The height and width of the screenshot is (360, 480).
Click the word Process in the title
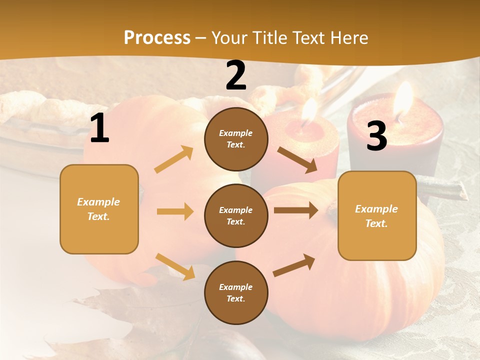pyautogui.click(x=157, y=38)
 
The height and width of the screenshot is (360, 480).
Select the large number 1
pyautogui.click(x=99, y=129)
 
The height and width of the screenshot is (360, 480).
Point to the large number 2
pyautogui.click(x=236, y=76)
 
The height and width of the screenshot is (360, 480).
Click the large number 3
pyautogui.click(x=376, y=136)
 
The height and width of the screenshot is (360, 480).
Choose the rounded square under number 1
pyautogui.click(x=99, y=209)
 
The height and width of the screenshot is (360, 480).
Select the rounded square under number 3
pyautogui.click(x=377, y=215)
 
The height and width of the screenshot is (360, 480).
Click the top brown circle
pyautogui.click(x=236, y=139)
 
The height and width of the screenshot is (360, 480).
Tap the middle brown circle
pyautogui.click(x=236, y=215)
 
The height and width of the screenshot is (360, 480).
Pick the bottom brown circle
pyautogui.click(x=236, y=292)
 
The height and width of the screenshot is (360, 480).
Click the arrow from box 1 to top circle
pyautogui.click(x=174, y=159)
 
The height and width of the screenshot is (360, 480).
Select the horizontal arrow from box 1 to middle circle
pyautogui.click(x=175, y=211)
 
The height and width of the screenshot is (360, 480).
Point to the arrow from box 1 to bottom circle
pyautogui.click(x=175, y=266)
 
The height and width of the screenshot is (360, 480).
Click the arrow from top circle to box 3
pyautogui.click(x=297, y=159)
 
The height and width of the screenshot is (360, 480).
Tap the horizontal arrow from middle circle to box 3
pyautogui.click(x=296, y=210)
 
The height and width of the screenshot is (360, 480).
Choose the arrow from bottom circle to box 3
pyautogui.click(x=294, y=265)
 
